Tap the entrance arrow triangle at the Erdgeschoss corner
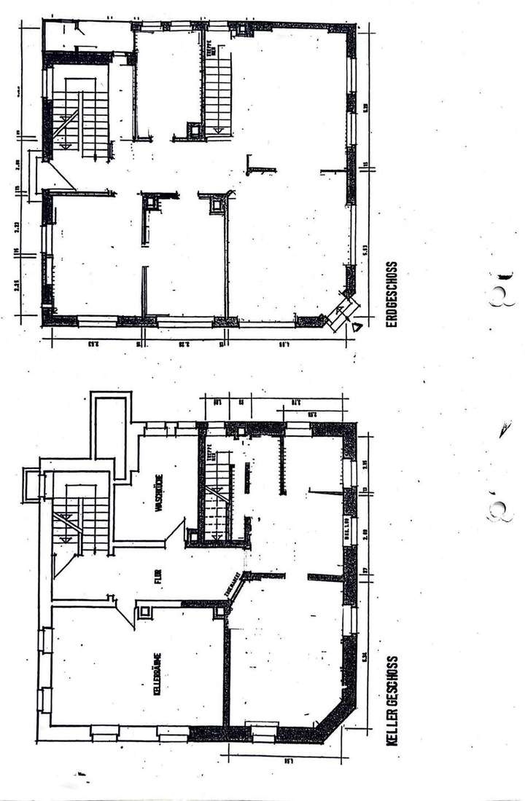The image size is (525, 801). pos(356,328)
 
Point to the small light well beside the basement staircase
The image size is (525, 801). pos(33,485)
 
